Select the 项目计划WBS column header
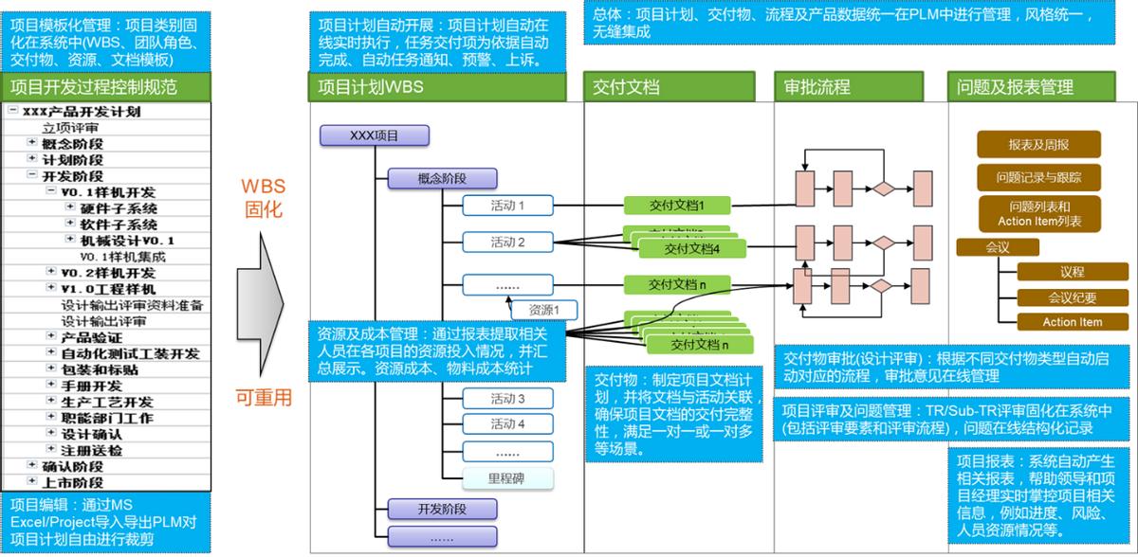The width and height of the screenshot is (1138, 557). click(x=371, y=87)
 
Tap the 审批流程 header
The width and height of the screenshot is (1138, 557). click(x=817, y=87)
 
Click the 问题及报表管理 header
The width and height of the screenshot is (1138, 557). click(x=1015, y=87)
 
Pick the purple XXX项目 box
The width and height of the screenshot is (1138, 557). click(x=375, y=135)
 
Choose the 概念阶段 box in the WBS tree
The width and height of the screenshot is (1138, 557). click(x=442, y=178)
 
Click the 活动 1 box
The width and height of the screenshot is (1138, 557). click(x=507, y=205)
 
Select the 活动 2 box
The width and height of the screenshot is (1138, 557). click(x=507, y=243)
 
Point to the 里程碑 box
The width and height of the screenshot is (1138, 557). click(x=507, y=478)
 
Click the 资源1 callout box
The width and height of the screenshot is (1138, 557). click(x=543, y=309)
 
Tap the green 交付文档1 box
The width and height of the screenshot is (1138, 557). click(x=676, y=205)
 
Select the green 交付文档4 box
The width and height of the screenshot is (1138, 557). click(x=692, y=249)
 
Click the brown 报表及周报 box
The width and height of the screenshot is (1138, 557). click(x=1038, y=144)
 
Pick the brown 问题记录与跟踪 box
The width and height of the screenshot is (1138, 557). click(x=1038, y=177)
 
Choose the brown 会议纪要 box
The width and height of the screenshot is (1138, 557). click(x=1072, y=296)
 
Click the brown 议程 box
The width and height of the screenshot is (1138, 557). click(x=1072, y=272)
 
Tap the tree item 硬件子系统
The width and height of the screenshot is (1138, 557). click(x=119, y=208)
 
